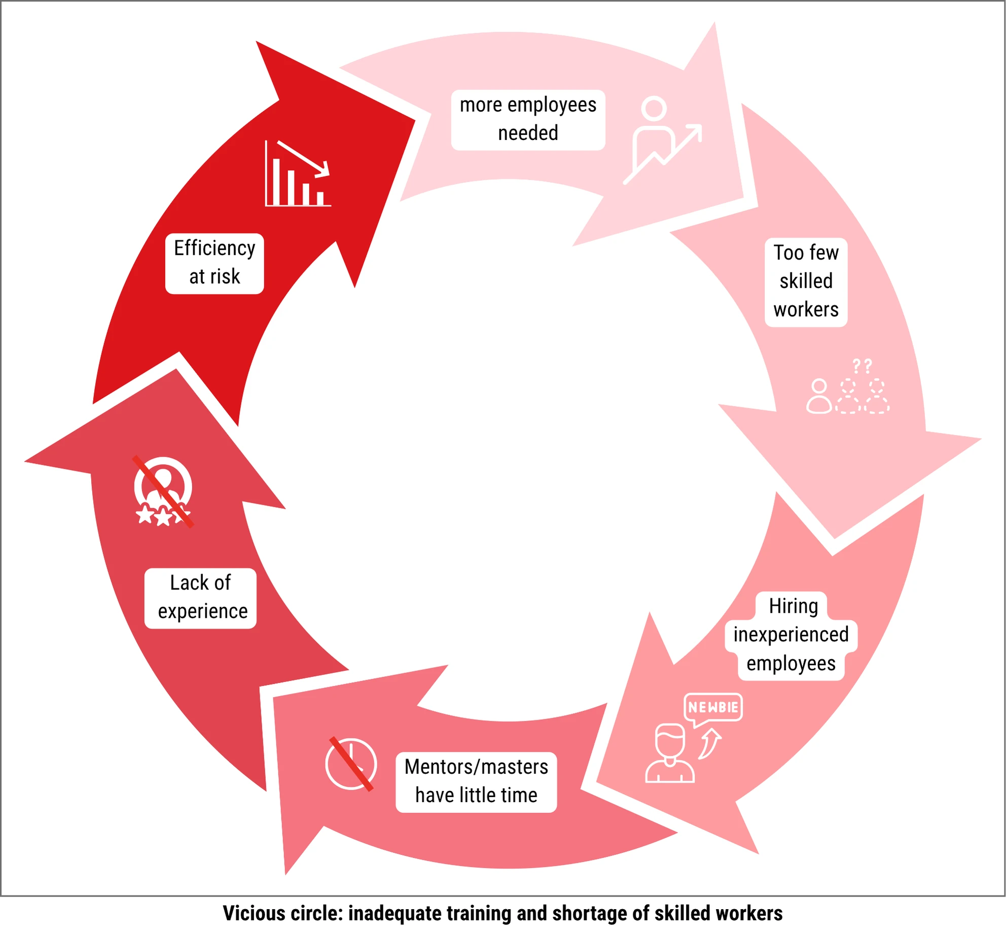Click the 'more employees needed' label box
[528, 120]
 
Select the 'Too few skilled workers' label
[806, 282]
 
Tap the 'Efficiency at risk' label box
[214, 263]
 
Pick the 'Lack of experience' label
[201, 598]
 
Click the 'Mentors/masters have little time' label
[476, 781]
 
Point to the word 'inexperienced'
[791, 635]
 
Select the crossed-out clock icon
[351, 764]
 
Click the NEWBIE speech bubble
[713, 707]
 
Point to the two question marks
[862, 365]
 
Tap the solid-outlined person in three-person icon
[819, 396]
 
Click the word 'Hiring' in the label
[794, 606]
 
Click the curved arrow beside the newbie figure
[710, 744]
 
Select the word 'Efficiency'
[214, 249]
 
